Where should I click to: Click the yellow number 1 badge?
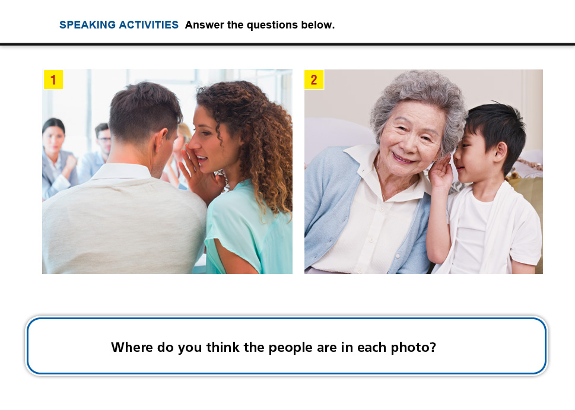coord(53,80)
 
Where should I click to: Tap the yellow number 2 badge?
coord(314,80)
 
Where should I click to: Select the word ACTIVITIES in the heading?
coord(148,25)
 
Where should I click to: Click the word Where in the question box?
coord(132,347)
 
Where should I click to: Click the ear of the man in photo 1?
coord(161,141)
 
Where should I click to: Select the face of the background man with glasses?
coord(104,141)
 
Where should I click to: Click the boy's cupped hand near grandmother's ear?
coord(441,172)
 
